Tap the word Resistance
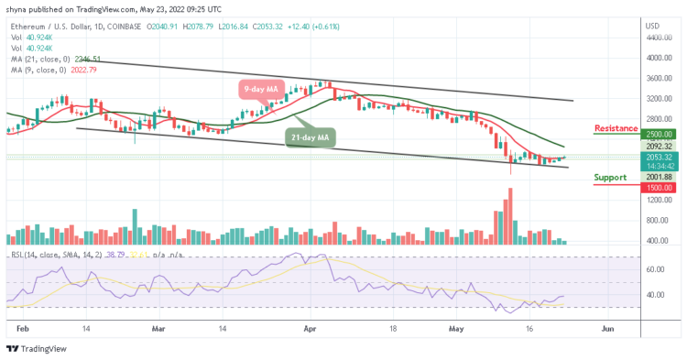(x=620, y=128)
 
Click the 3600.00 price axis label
(x=659, y=78)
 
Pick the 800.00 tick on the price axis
(x=659, y=220)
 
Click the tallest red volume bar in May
(x=509, y=216)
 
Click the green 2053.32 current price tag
(x=659, y=157)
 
